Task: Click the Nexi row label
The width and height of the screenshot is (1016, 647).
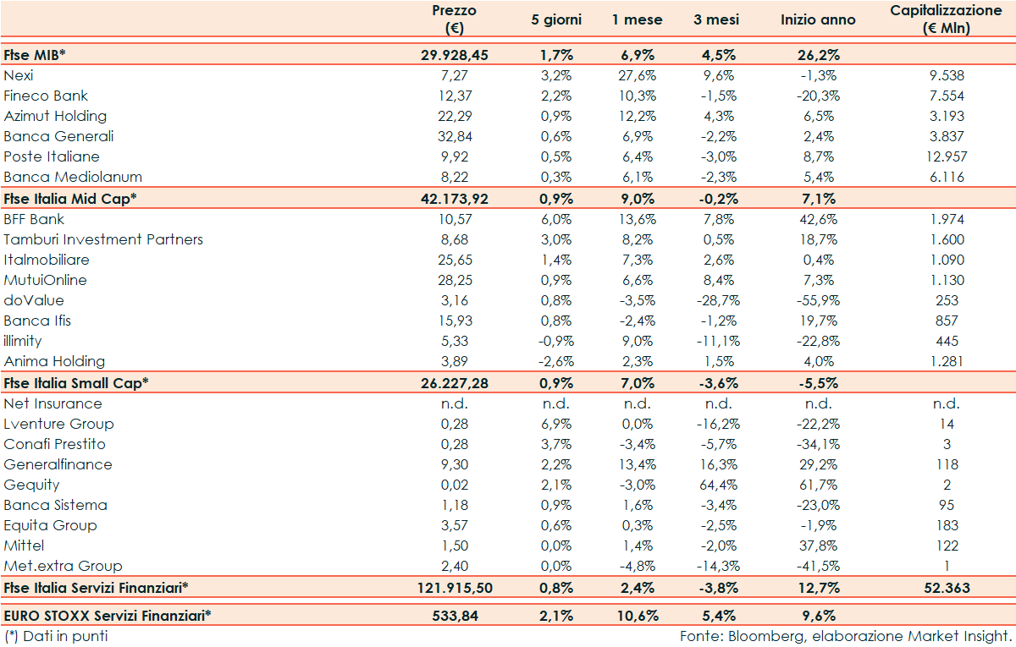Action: pyautogui.click(x=19, y=75)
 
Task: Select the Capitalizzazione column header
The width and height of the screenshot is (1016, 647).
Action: pyautogui.click(x=946, y=19)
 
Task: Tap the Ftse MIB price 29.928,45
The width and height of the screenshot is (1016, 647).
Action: pyautogui.click(x=455, y=55)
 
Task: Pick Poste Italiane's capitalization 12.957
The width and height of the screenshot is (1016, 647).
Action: pyautogui.click(x=946, y=156)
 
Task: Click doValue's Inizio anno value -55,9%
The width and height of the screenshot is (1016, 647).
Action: pyautogui.click(x=818, y=300)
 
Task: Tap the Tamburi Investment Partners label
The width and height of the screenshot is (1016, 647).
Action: pyautogui.click(x=103, y=239)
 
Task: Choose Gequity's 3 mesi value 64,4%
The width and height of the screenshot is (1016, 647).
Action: pyautogui.click(x=718, y=485)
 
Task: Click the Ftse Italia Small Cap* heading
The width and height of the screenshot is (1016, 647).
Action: pyautogui.click(x=76, y=382)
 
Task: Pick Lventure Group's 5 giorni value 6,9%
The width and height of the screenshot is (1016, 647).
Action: pyautogui.click(x=557, y=424)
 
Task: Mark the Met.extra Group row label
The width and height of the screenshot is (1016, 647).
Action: pyautogui.click(x=63, y=566)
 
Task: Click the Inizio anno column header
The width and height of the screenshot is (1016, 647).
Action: pyautogui.click(x=818, y=19)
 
